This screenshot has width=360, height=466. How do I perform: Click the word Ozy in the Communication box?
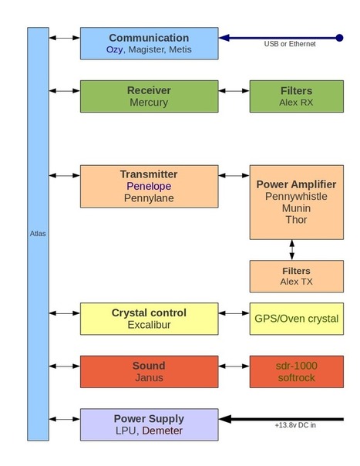point(114,49)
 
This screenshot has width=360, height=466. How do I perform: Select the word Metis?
point(180,49)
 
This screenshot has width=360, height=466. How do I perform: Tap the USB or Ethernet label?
point(290,44)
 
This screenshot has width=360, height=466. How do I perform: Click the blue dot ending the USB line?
point(339,38)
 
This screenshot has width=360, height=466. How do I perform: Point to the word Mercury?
point(149,103)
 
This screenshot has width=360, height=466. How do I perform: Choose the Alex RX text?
point(296,103)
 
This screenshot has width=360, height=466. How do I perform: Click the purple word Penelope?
point(149,187)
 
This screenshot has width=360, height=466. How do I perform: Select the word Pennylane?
point(149,198)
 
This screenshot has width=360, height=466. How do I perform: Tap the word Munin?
point(296,208)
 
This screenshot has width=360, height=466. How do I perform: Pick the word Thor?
point(296,220)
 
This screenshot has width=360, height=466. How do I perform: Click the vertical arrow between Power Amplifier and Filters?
point(292,250)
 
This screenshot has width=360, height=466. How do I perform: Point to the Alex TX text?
point(296,282)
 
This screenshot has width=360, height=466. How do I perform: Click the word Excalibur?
point(149,325)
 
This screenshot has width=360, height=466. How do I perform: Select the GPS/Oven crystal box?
point(297,319)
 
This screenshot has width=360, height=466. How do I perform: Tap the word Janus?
point(149,378)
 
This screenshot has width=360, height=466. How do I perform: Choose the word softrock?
point(296,378)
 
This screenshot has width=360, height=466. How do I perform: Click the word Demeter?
point(162,431)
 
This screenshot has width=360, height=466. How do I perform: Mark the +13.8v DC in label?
point(295,425)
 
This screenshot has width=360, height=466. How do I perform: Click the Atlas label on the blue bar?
point(38,234)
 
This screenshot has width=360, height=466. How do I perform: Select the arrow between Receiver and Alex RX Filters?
point(234,90)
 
